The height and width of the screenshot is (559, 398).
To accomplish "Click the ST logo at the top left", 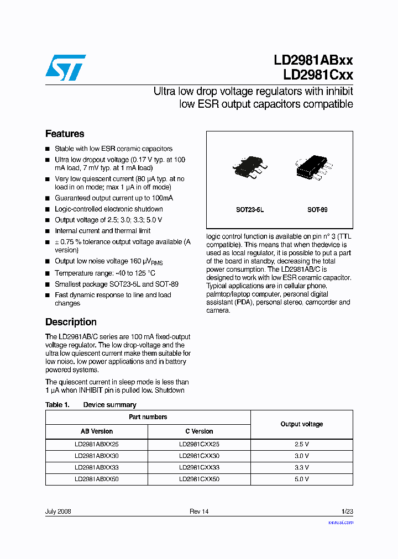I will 65,67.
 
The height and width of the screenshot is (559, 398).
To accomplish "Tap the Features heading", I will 65,134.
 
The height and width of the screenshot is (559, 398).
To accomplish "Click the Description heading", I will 71,322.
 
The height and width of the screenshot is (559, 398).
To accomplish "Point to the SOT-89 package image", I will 313,168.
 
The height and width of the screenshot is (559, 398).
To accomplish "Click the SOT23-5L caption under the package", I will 250,210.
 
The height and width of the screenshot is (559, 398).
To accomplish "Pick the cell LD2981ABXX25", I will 97,444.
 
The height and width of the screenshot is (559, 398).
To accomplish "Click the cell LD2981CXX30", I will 199,456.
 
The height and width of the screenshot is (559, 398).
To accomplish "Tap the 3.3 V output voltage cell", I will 302,467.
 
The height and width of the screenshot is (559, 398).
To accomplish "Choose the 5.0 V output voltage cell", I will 302,479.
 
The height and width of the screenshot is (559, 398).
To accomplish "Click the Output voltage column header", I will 302,424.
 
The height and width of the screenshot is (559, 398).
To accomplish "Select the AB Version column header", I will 97,431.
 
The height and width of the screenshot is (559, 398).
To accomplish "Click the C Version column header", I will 199,431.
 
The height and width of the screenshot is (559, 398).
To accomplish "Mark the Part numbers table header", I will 148,417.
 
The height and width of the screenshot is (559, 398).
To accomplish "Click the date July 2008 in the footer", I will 58,511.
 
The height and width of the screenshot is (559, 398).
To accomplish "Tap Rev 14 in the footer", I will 199,511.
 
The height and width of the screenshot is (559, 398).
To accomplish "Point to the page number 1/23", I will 347,511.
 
